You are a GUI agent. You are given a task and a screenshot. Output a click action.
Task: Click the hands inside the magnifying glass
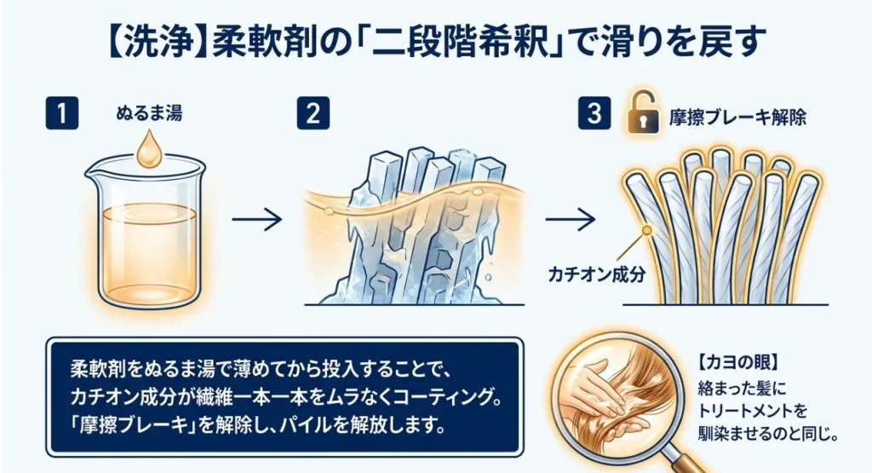point(597,389)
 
